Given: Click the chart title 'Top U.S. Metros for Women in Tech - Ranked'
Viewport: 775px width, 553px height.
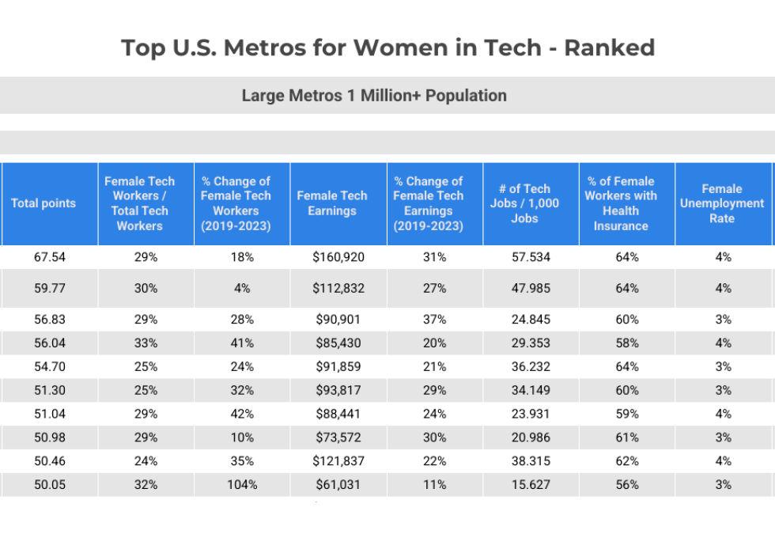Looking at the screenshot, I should [387, 47].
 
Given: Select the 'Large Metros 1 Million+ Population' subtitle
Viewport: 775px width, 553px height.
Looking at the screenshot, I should [374, 96].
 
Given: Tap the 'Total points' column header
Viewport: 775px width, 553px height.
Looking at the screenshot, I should [43, 203].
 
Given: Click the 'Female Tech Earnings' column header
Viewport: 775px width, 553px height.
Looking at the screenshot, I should [332, 203].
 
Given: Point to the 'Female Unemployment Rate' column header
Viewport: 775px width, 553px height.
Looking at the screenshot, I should [721, 203].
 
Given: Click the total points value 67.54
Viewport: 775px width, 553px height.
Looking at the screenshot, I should [50, 257].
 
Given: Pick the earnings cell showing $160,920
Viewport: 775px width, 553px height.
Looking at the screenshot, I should [338, 257].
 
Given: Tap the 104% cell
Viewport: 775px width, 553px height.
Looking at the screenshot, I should [242, 485].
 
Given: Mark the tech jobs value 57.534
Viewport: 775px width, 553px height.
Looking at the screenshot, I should [531, 257].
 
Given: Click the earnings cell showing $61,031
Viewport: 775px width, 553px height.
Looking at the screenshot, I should [338, 485].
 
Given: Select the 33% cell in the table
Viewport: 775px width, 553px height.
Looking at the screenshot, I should [146, 343].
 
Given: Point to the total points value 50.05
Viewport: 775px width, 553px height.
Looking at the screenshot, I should [50, 485].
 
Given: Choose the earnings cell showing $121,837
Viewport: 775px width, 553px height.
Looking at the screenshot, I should [338, 461].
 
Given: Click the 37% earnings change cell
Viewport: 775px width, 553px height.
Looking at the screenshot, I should [435, 320].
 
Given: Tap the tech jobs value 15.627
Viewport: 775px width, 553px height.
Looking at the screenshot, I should [531, 485].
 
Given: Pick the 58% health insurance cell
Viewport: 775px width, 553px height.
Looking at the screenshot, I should [627, 343].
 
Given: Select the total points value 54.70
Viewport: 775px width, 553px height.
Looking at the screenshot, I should [50, 367].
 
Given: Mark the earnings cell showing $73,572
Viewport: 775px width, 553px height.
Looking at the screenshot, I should [338, 437].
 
